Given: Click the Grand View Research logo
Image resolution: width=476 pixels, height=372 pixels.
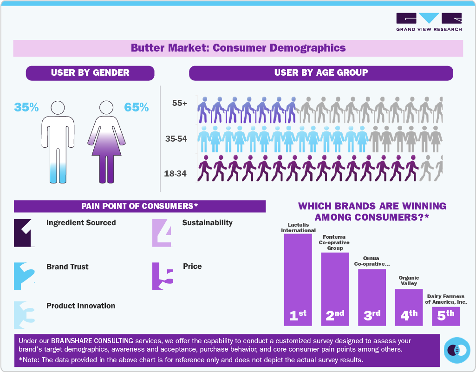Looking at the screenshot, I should tap(429, 22).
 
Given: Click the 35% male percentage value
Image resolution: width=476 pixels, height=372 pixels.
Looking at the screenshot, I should tap(26, 107).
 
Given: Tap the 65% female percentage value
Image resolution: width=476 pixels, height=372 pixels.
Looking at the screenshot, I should tap(137, 107).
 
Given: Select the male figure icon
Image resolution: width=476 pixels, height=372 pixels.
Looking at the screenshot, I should tap(58, 142).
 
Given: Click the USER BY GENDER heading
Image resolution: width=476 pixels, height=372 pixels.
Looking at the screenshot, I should tap(90, 72).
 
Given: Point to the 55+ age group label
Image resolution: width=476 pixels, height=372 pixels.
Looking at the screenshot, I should tap(180, 104).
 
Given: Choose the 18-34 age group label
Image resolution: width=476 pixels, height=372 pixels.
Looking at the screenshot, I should tap(176, 174).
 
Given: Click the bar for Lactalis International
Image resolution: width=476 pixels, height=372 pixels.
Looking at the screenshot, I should tap(298, 279).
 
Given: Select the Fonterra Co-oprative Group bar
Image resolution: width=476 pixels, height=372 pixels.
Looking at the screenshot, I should tap(335, 288).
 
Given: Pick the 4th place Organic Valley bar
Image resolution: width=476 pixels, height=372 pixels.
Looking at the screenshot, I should tap(409, 307).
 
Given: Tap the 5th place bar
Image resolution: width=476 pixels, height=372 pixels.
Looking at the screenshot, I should tap(446, 315).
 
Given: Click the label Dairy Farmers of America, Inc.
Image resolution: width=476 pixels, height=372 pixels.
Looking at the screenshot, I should tap(446, 299).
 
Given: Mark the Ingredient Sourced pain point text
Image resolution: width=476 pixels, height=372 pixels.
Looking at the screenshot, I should tap(81, 222).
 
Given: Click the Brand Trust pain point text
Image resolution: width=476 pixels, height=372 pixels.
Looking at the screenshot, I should tap(67, 267).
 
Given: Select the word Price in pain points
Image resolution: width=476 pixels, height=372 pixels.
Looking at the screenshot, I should tap(192, 267).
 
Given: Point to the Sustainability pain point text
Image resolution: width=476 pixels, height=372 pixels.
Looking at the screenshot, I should tap(207, 222).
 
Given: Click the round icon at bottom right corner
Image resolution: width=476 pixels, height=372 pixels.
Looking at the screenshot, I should tap(457, 350).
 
